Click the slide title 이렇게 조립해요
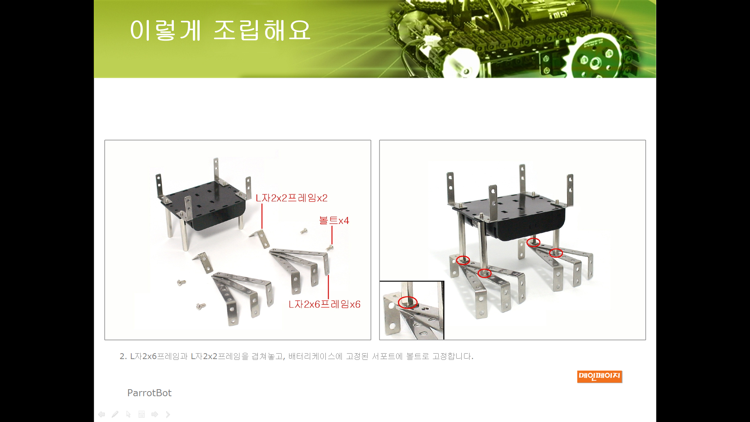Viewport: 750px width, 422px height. [220, 30]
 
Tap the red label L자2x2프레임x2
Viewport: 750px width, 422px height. [291, 198]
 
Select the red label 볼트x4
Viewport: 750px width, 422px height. [334, 220]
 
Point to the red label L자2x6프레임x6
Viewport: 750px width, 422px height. [324, 304]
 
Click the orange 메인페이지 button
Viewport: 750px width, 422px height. [600, 376]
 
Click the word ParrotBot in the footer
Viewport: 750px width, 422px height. [149, 393]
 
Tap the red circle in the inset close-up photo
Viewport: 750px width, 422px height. [408, 302]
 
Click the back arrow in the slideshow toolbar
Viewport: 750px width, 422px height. [102, 414]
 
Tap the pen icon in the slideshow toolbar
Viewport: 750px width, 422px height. [115, 414]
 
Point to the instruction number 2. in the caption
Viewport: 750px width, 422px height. [123, 356]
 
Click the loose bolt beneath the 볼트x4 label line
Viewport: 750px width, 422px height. [330, 247]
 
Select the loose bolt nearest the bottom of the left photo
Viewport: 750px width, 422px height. [201, 306]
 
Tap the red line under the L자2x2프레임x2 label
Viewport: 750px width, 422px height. [262, 216]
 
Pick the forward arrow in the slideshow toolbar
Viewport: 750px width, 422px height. [155, 414]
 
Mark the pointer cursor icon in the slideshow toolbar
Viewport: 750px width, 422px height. [128, 414]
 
